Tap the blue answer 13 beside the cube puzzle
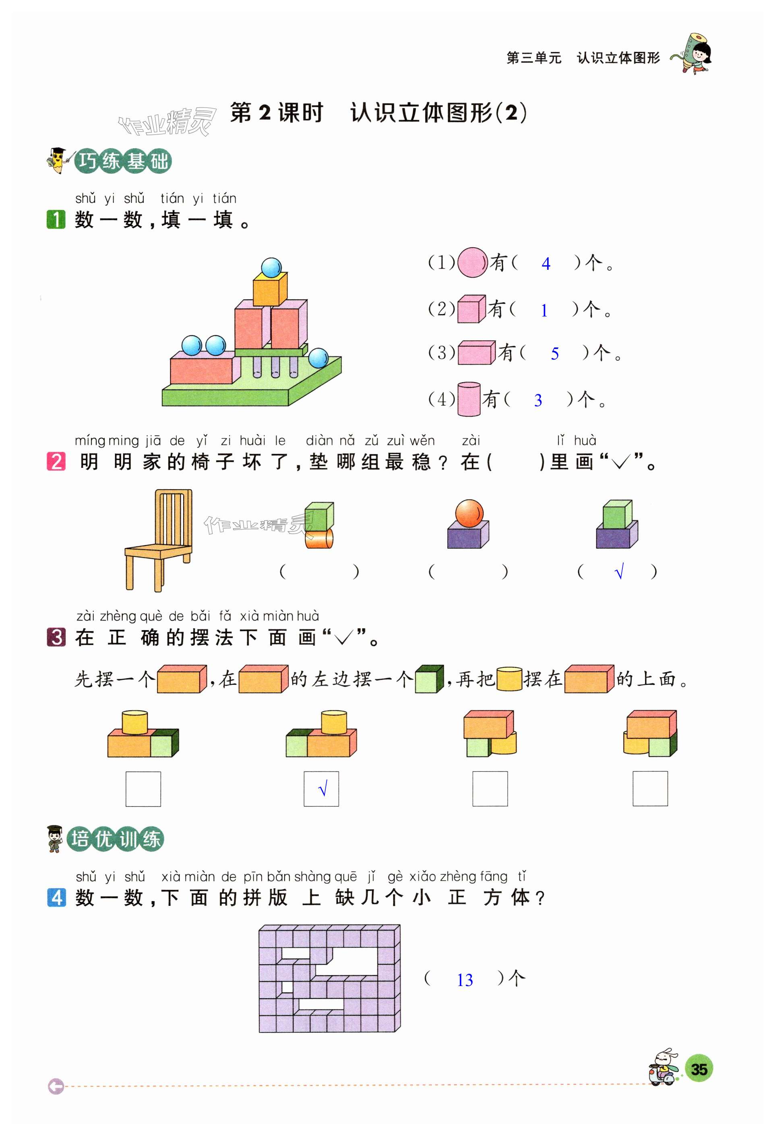click(465, 980)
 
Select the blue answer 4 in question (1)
click(546, 264)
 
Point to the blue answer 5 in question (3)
click(554, 354)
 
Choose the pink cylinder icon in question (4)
click(468, 399)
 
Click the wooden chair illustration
click(158, 539)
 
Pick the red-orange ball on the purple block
click(469, 513)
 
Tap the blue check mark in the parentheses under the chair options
click(619, 571)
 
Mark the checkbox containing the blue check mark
click(321, 788)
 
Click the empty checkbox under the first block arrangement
click(143, 788)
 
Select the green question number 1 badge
click(56, 219)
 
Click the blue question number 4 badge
click(56, 897)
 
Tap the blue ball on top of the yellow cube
click(271, 267)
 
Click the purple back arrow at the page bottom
click(56, 1087)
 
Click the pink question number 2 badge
click(56, 461)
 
